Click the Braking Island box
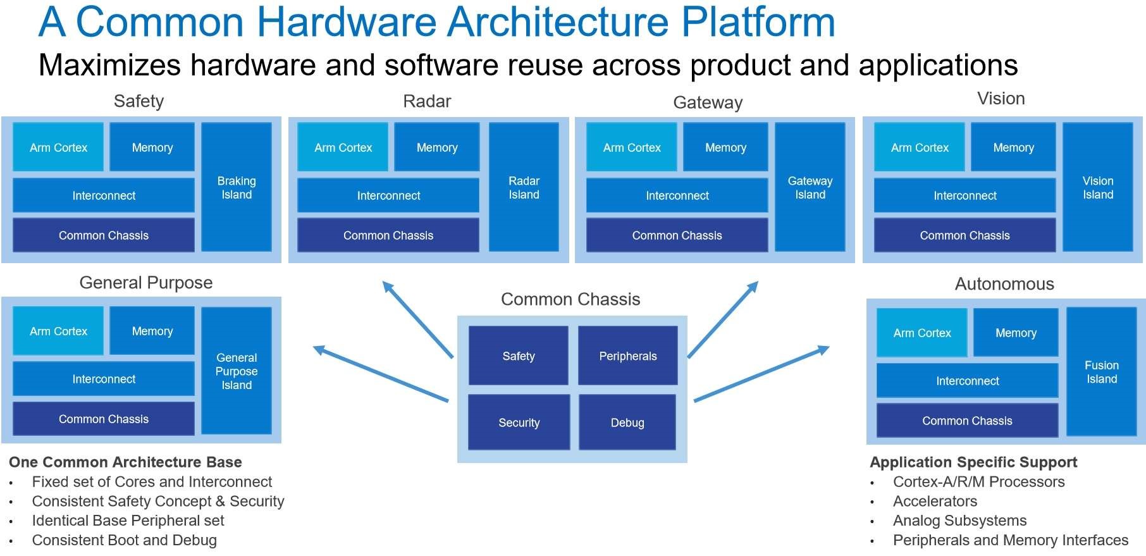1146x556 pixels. coord(237,187)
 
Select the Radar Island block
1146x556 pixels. coord(524,187)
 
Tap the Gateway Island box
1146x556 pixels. coord(810,187)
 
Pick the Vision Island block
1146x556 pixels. coord(1098,187)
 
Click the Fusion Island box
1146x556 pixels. coord(1102,372)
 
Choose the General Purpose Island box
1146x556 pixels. coord(237,371)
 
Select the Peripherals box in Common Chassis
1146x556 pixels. coord(628,356)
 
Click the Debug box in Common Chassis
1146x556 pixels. coord(627,423)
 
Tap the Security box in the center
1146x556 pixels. coord(519,423)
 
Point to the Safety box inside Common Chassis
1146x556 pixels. coord(519,356)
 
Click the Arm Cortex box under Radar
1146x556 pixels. coord(343,147)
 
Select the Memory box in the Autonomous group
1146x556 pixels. coord(1016,333)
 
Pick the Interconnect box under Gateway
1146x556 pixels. coord(677,195)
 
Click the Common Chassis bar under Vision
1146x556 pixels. coord(964,235)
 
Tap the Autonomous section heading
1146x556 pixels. coord(1004,284)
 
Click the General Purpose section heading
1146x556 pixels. coord(146,283)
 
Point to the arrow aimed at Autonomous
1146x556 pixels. coord(762,373)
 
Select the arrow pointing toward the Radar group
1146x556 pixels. coord(417,319)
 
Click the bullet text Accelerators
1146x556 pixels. coord(935,502)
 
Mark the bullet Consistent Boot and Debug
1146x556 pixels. coord(125,540)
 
